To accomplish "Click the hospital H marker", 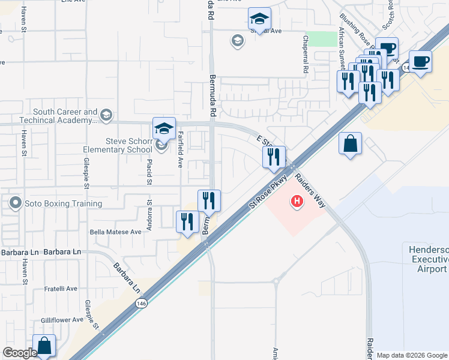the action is tap(297, 202).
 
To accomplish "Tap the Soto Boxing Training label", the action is tap(63, 203).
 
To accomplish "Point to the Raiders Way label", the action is tap(310, 190).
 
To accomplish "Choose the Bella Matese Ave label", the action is tap(115, 232).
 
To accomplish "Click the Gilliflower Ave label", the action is tap(60, 320).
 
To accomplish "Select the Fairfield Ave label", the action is tap(179, 151).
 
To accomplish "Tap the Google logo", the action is tap(20, 353).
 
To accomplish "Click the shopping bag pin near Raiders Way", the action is tap(350, 145).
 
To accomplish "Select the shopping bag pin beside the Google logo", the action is tap(44, 346).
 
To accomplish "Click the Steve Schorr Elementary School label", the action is tap(128, 145).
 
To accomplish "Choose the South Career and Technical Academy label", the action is tap(65, 116).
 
